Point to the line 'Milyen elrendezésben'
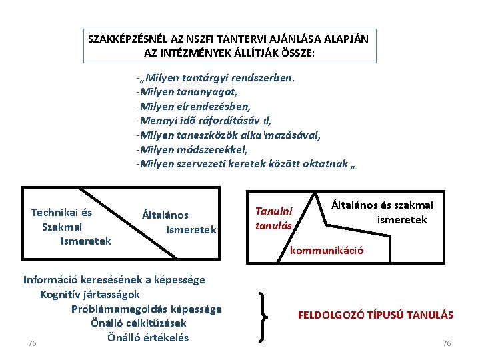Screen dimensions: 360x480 click(193, 107)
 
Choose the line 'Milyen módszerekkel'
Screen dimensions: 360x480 click(193, 149)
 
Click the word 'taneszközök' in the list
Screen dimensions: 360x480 click(216, 135)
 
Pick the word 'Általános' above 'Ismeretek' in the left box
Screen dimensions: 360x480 click(165, 215)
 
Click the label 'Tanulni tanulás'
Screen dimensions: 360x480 click(274, 218)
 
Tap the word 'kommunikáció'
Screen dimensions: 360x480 click(326, 251)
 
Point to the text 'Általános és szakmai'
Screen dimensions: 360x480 click(382, 205)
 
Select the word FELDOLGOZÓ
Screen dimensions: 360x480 click(333, 315)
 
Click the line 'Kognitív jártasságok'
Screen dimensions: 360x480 click(89, 294)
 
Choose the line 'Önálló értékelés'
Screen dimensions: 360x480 click(147, 337)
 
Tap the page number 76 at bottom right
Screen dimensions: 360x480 click(447, 343)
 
